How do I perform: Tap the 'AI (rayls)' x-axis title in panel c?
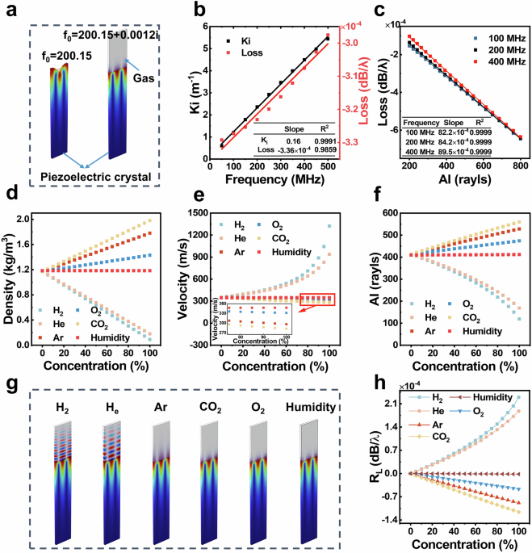(449, 179)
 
